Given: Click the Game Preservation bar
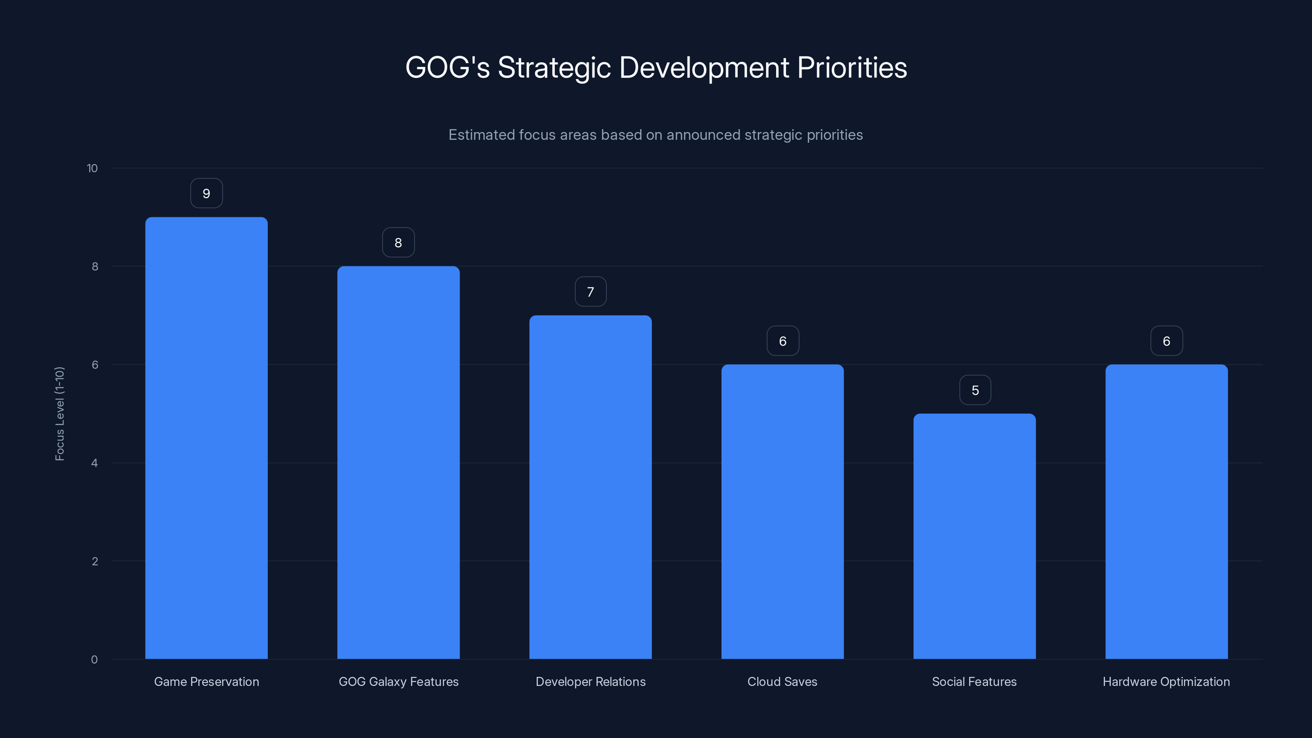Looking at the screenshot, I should (x=206, y=438).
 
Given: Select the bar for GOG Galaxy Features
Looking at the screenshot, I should (x=398, y=462).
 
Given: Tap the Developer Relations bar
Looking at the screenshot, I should (x=590, y=487).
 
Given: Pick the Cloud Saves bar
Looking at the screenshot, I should (x=782, y=511).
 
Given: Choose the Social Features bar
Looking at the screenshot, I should (x=974, y=536).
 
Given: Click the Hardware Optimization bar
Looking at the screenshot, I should (x=1166, y=511).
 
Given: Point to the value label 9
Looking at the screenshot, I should (x=206, y=194).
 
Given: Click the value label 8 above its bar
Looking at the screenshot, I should (x=398, y=242).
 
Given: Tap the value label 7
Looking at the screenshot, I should (x=590, y=292).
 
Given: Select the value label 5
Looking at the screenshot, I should (x=975, y=390).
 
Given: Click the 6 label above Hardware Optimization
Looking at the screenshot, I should (x=1166, y=341).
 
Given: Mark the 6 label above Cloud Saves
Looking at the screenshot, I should (x=783, y=341).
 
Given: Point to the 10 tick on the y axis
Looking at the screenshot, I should (x=92, y=168).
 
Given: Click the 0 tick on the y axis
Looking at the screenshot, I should (x=94, y=660).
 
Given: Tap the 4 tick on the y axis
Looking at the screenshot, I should (x=94, y=463).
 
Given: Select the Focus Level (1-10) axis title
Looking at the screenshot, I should (x=59, y=414).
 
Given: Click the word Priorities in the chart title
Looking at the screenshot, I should (x=852, y=68).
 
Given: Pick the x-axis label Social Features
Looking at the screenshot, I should (x=974, y=681).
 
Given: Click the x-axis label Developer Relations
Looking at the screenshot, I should (x=590, y=681).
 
